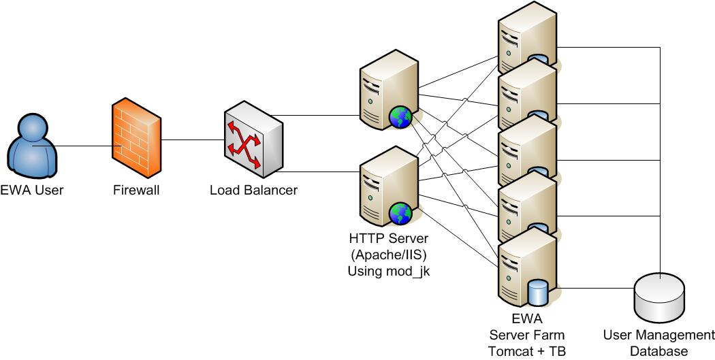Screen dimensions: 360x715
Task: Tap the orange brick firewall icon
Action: click(x=137, y=139)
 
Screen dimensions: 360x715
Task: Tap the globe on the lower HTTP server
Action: click(x=400, y=213)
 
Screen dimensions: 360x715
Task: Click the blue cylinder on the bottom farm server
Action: click(x=538, y=292)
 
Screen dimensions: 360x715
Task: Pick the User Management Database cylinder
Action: click(x=658, y=299)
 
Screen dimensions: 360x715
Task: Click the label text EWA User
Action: click(x=32, y=191)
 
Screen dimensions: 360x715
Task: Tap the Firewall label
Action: click(x=136, y=191)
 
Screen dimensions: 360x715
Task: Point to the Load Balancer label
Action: click(x=253, y=191)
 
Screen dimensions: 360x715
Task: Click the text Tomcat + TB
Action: click(x=526, y=351)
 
